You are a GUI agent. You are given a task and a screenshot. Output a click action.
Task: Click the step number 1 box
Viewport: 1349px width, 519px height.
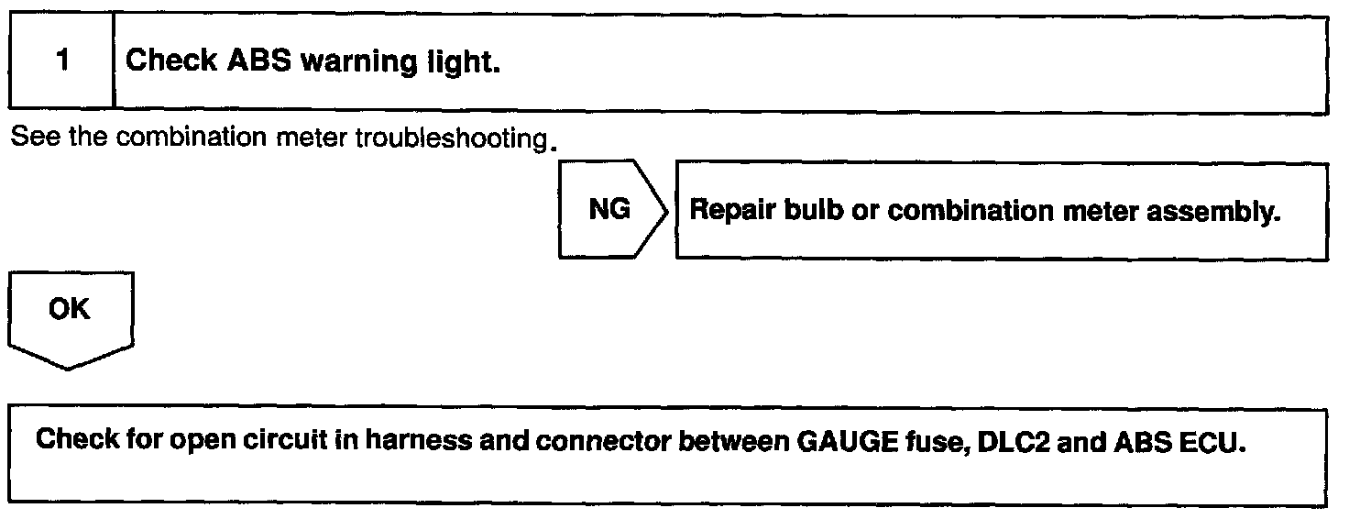point(61,62)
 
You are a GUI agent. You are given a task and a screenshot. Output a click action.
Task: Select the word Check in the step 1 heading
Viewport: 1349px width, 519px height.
point(171,62)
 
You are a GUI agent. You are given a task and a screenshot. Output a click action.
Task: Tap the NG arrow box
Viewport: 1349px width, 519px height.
point(609,211)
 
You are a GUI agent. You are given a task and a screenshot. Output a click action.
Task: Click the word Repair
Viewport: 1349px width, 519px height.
point(732,211)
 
